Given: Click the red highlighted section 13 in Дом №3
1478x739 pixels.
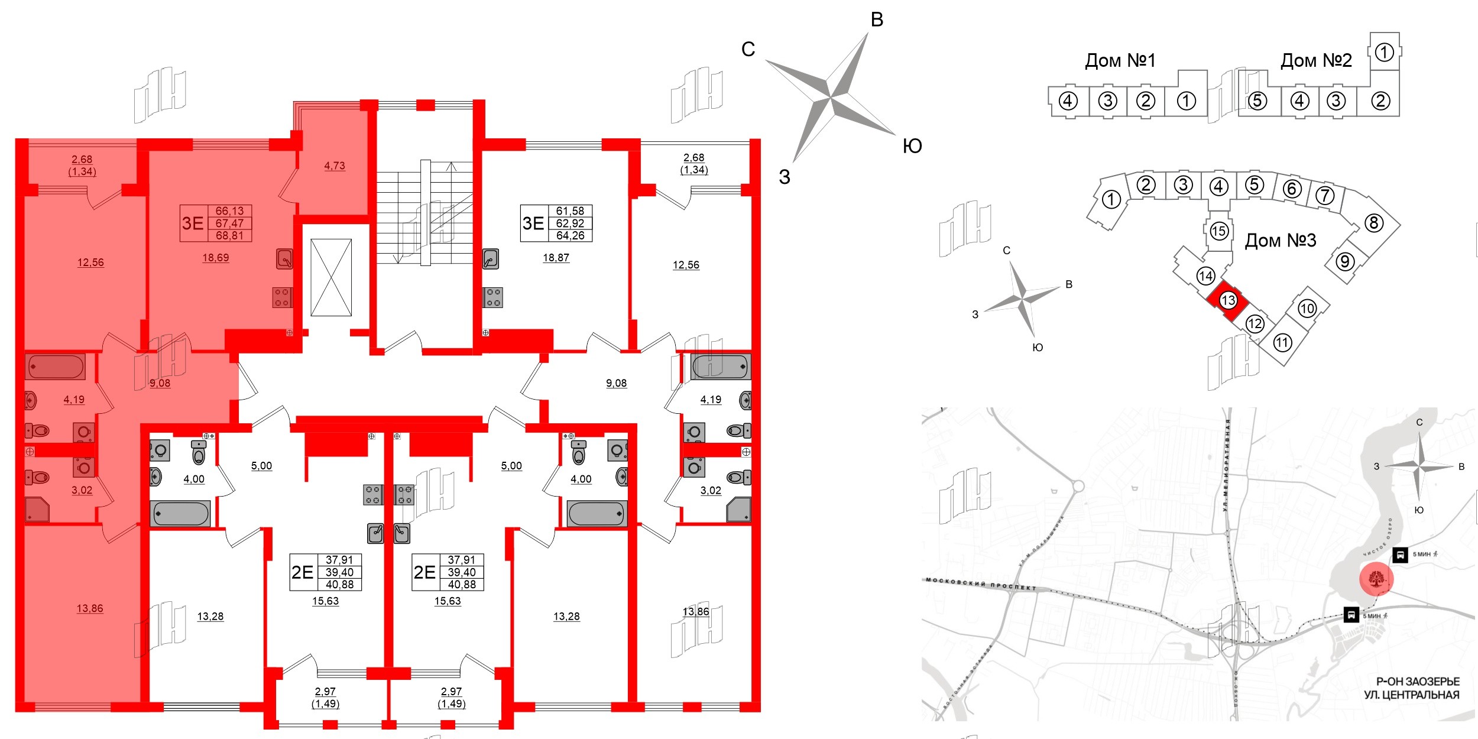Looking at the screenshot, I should pyautogui.click(x=1228, y=300).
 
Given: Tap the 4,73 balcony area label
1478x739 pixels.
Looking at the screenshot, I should pyautogui.click(x=335, y=166).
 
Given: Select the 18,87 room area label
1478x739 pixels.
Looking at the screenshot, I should pyautogui.click(x=556, y=258).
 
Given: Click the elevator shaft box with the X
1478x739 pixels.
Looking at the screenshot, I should pyautogui.click(x=331, y=277).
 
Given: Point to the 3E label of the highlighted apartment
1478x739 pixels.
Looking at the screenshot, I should pyautogui.click(x=193, y=223).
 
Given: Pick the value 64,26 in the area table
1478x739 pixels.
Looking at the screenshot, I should pyautogui.click(x=570, y=236).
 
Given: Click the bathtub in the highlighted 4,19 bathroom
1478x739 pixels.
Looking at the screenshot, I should pyautogui.click(x=56, y=367).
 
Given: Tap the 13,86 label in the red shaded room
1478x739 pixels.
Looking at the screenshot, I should pyautogui.click(x=90, y=608).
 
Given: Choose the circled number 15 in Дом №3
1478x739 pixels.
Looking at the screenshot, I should pyautogui.click(x=1218, y=231).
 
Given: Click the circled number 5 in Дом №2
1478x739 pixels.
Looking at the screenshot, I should pyautogui.click(x=1257, y=101).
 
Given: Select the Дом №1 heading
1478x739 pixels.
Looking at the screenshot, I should pyautogui.click(x=1120, y=60).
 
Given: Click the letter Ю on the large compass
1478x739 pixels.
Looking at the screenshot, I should pyautogui.click(x=912, y=146).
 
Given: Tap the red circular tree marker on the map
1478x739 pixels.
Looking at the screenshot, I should pyautogui.click(x=1376, y=579).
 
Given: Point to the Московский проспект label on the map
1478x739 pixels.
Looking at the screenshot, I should pyautogui.click(x=981, y=584).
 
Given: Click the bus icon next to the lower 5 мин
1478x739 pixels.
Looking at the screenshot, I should pyautogui.click(x=1351, y=615).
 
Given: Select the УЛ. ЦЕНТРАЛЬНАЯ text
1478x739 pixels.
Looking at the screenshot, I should pyautogui.click(x=1411, y=695).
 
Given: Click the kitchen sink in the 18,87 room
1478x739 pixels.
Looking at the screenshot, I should pyautogui.click(x=491, y=259).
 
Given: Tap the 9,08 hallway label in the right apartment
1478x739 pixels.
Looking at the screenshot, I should pyautogui.click(x=616, y=383).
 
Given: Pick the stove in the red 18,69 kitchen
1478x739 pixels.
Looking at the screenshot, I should pyautogui.click(x=282, y=297).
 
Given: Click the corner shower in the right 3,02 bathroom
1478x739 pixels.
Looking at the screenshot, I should pyautogui.click(x=739, y=510).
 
